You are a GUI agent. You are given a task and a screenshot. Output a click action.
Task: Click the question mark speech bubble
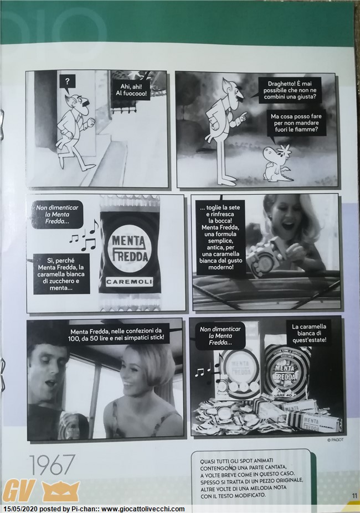tap(67, 82)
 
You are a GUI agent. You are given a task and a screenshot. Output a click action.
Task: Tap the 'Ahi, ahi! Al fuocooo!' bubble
tap(131, 90)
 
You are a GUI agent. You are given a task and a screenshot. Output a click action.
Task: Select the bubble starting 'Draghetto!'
tap(290, 90)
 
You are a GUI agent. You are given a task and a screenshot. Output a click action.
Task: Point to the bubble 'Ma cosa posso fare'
tap(296, 123)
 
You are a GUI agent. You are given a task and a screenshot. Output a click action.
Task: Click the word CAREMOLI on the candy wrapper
tap(130, 281)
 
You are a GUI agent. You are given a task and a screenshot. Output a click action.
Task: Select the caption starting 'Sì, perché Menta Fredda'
tap(61, 274)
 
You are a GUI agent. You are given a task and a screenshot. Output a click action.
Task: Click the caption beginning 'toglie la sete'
tap(220, 237)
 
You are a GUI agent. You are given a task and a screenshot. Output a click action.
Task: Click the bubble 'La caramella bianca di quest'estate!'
tap(309, 333)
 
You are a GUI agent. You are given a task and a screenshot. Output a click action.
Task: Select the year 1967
tap(52, 465)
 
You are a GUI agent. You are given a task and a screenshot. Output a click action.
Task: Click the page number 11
tap(354, 496)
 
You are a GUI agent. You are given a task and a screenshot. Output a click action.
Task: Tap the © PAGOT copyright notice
tap(335, 440)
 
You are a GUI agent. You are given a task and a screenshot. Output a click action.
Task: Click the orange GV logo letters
tap(19, 490)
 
